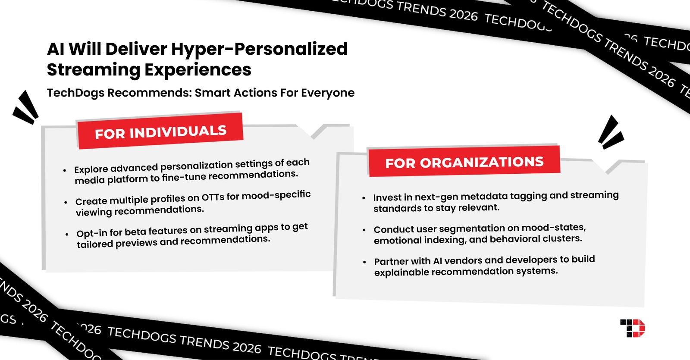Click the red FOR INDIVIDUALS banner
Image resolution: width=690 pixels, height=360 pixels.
pyautogui.click(x=160, y=131)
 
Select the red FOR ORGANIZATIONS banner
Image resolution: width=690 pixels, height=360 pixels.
pyautogui.click(x=464, y=162)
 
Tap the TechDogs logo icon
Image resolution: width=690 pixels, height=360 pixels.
pyautogui.click(x=633, y=328)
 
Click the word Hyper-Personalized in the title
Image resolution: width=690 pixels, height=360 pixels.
pyautogui.click(x=259, y=49)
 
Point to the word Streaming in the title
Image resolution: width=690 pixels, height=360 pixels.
pyautogui.click(x=94, y=70)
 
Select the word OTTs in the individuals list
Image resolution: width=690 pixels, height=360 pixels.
pyautogui.click(x=213, y=197)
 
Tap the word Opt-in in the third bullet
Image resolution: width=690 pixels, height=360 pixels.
pyautogui.click(x=92, y=233)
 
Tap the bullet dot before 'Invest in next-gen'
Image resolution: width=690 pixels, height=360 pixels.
pyautogui.click(x=364, y=198)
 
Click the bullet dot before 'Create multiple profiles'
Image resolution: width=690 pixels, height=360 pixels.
pyautogui.click(x=66, y=202)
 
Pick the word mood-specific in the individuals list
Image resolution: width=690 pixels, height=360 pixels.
pyautogui.click(x=276, y=195)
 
